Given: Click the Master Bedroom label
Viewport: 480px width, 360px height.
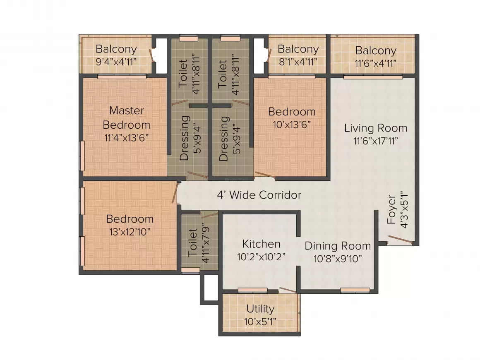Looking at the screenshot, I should coord(127,118).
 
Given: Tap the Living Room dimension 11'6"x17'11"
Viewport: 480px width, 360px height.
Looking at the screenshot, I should coord(376,141).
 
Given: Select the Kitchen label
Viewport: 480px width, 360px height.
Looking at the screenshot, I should coord(261,244).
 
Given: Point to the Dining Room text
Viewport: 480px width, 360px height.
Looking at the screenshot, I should coord(338,246).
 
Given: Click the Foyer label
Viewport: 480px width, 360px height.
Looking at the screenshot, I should coord(391,210).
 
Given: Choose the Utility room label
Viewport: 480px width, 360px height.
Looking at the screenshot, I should coord(260,309).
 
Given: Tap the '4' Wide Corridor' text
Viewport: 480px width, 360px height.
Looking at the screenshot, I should coord(259,195).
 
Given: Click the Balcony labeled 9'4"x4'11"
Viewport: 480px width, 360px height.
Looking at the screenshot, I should coord(116,49).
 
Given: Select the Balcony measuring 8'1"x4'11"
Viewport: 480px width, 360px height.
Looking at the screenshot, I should coord(298,49).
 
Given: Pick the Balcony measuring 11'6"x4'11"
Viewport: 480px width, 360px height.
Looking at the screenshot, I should coord(376,51).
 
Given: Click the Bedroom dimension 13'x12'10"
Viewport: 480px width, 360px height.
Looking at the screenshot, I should coord(130,231).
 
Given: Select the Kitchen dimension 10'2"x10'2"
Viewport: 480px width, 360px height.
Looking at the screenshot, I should coord(261,257).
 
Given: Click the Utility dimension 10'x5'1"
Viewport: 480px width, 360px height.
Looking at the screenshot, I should coord(260,321).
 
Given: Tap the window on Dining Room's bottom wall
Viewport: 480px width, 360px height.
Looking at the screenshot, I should coord(355,290).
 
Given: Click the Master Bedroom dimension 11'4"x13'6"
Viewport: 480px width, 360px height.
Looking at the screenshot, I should coord(127,137).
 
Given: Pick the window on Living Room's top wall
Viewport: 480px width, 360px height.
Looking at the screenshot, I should coord(373,77).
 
